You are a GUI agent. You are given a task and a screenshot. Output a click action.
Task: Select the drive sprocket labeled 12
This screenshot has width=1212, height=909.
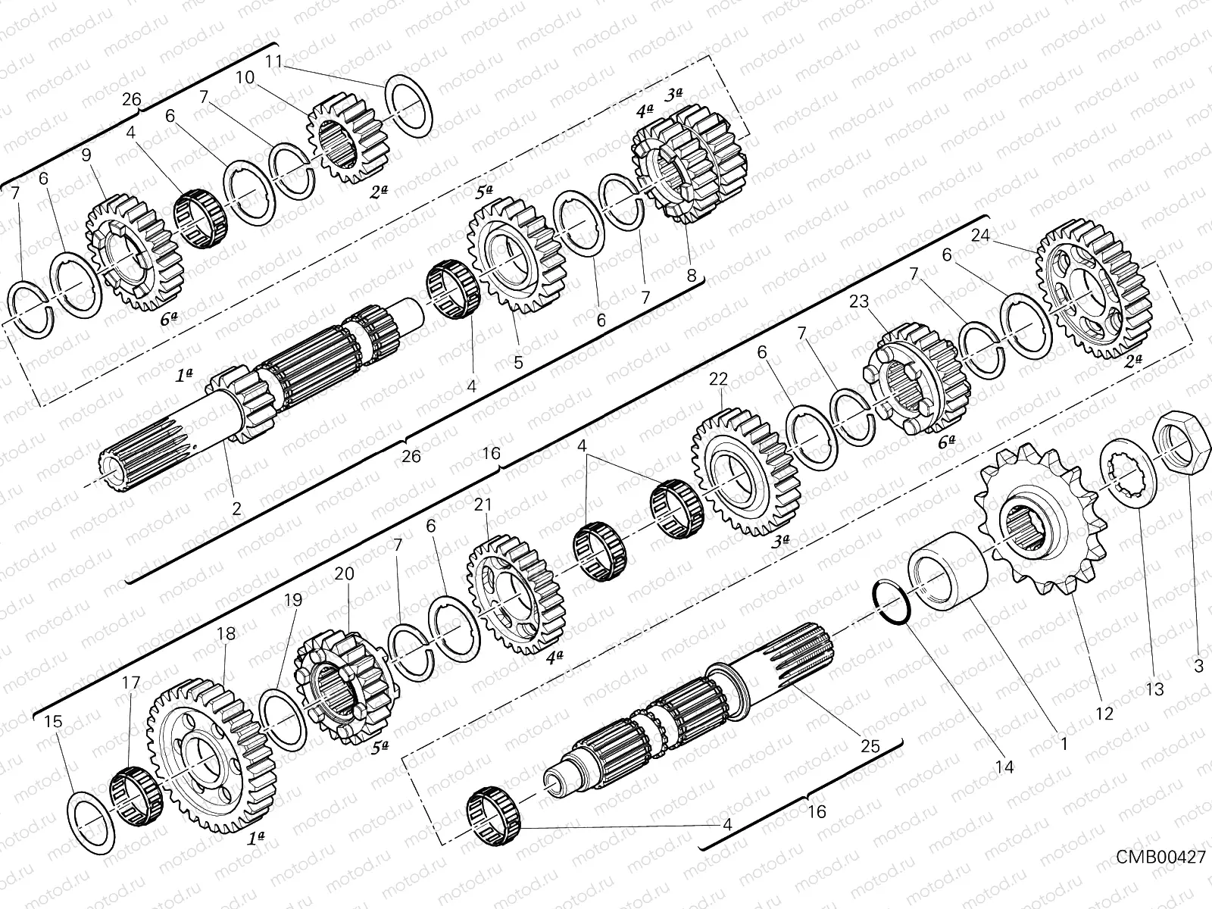pyautogui.click(x=1035, y=526)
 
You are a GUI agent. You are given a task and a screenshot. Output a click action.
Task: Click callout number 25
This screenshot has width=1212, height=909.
pyautogui.click(x=870, y=746)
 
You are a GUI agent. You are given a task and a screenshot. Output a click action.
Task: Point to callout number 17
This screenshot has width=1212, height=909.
pyautogui.click(x=130, y=683)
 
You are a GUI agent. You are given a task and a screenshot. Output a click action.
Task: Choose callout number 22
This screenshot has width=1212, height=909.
pyautogui.click(x=718, y=378)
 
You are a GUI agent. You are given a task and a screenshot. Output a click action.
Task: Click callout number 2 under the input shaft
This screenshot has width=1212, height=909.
pyautogui.click(x=237, y=509)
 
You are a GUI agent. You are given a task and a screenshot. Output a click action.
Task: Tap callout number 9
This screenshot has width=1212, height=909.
pyautogui.click(x=86, y=155)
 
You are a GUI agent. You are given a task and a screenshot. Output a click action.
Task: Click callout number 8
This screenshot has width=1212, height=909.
pyautogui.click(x=691, y=276)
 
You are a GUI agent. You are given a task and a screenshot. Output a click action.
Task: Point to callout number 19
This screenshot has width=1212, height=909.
pyautogui.click(x=293, y=601)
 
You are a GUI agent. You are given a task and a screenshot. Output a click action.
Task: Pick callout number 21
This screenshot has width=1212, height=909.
pyautogui.click(x=483, y=504)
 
